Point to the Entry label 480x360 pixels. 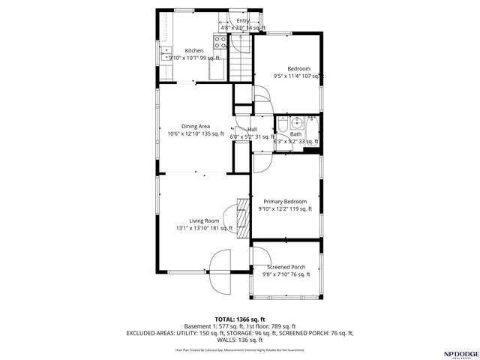243,20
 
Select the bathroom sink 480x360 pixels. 297,121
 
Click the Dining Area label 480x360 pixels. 195,126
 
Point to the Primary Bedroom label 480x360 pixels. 284,201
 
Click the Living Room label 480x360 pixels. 204,220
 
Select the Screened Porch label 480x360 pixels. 286,267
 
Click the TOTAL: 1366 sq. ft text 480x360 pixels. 240,319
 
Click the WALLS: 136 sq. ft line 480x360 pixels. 240,339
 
